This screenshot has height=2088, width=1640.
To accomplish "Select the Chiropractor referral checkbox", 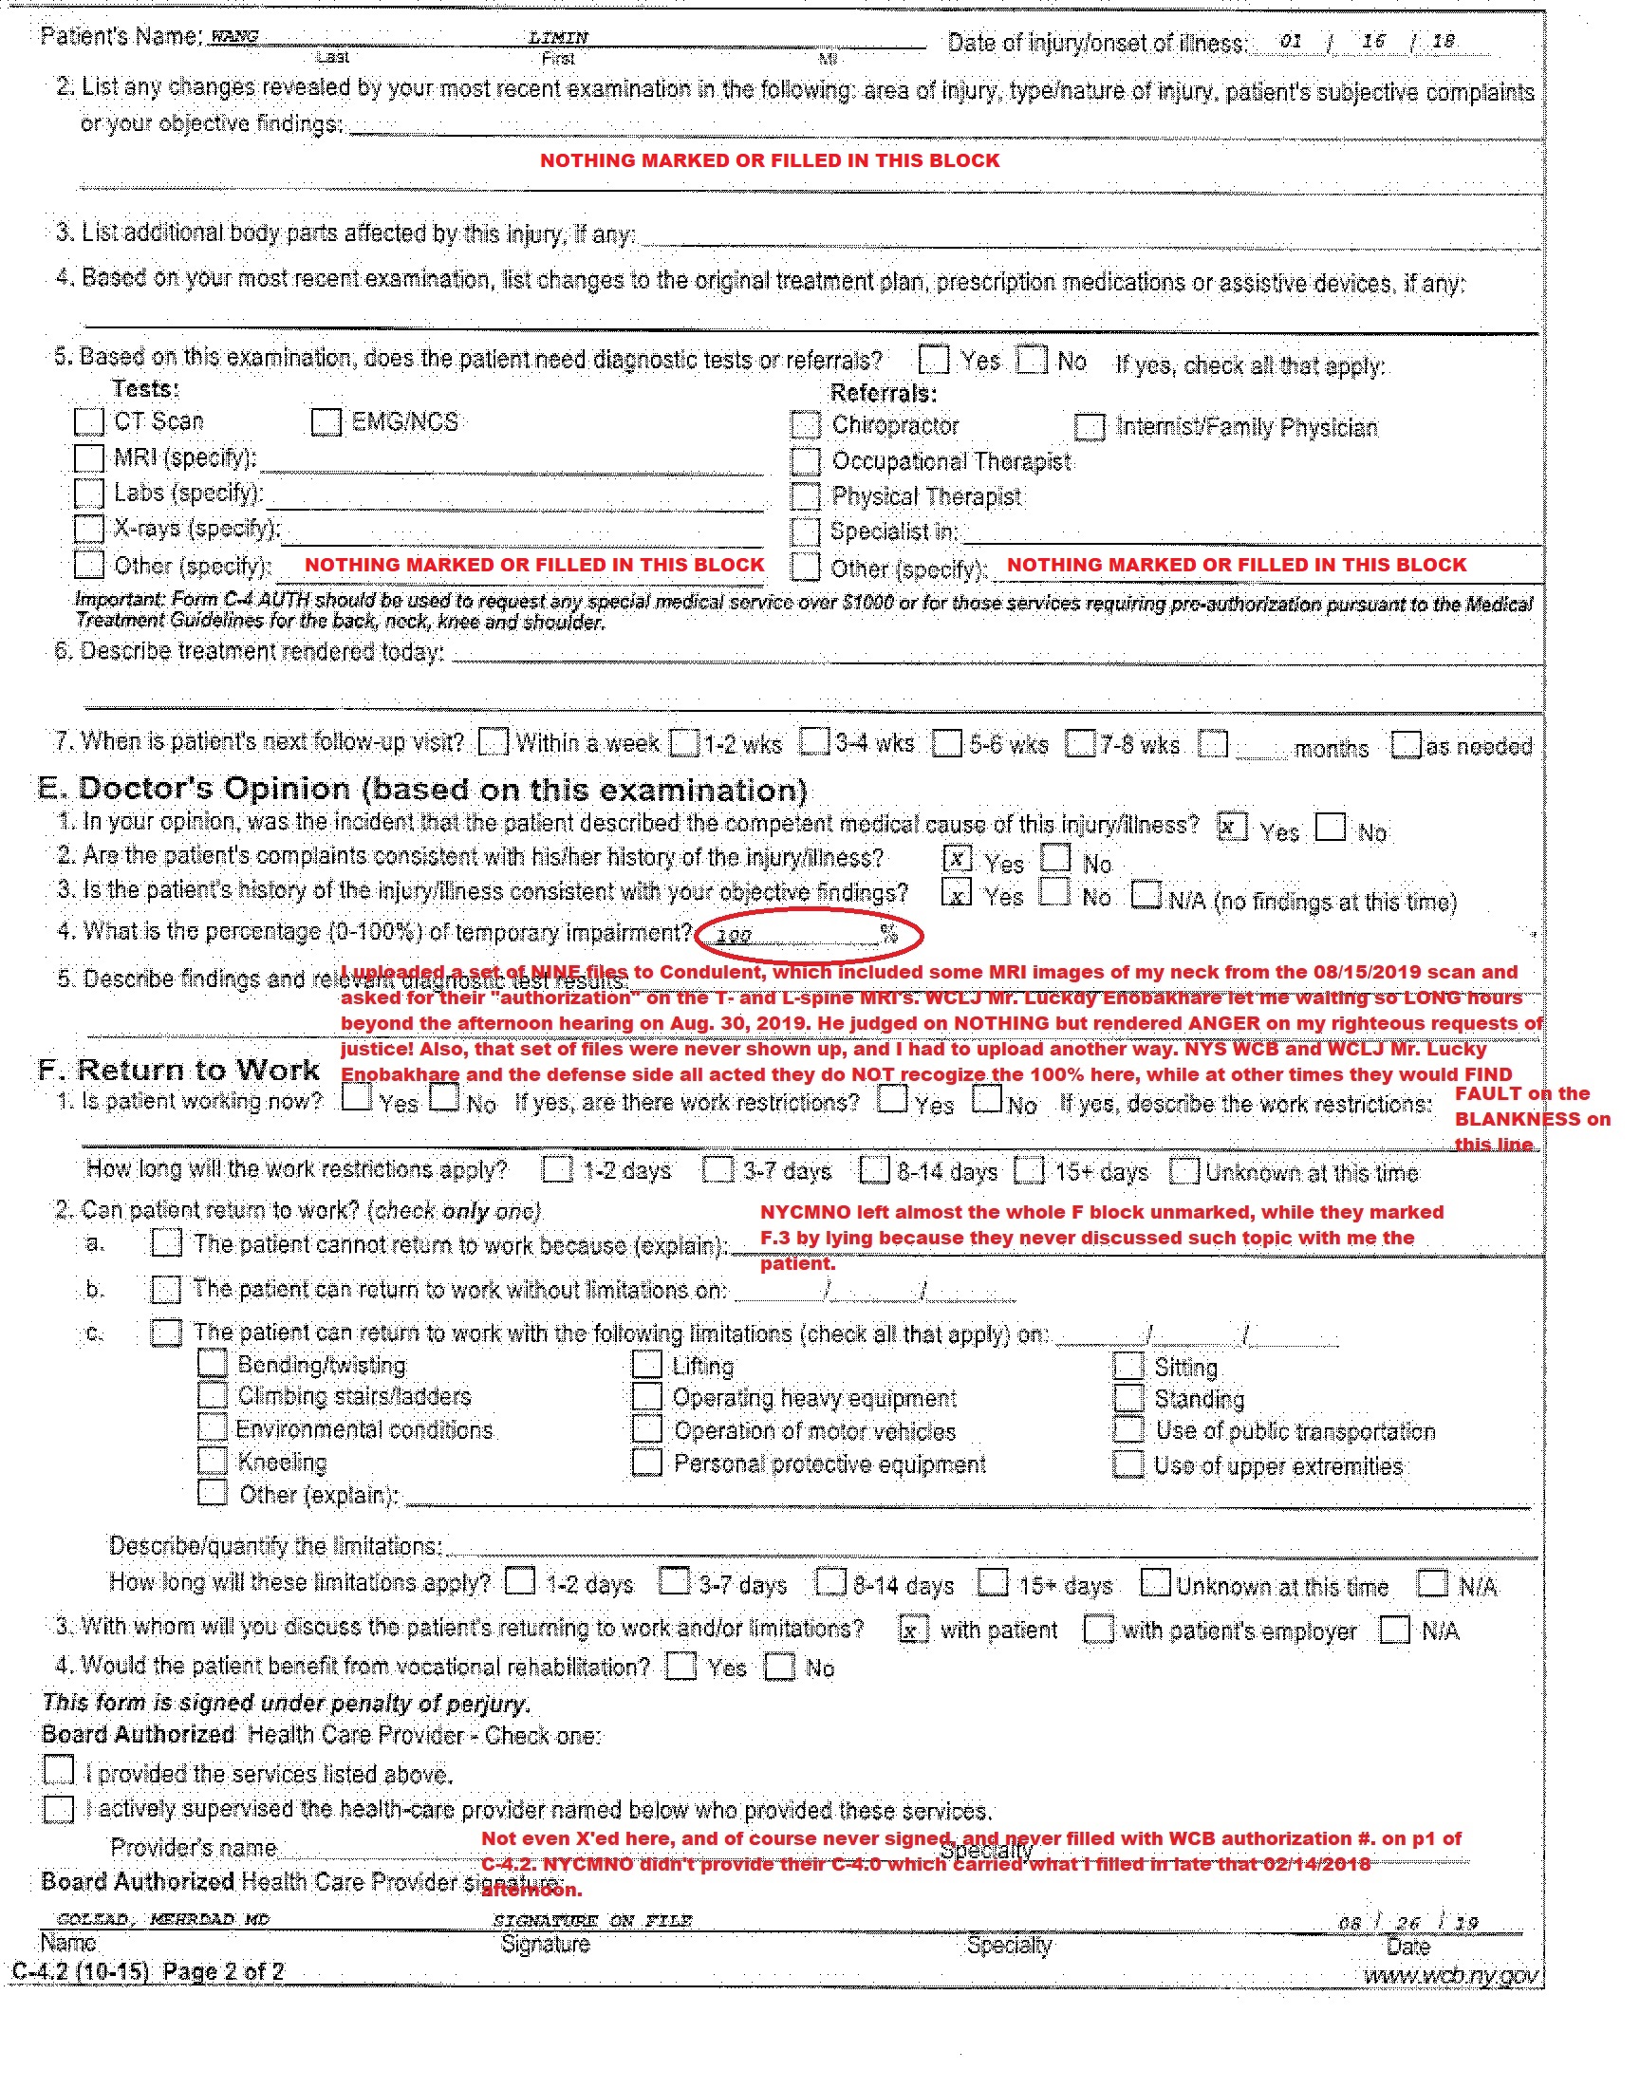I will coord(806,425).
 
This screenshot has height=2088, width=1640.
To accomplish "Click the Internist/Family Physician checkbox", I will coord(1089,427).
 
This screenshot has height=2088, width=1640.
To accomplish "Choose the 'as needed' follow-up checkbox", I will coord(1406,745).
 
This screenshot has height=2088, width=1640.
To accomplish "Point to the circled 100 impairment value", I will coord(735,935).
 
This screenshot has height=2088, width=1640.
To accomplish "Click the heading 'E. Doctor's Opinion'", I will coord(422,789).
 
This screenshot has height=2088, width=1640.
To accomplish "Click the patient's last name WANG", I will coord(234,36).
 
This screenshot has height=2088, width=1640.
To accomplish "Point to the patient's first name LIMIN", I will coord(558,37).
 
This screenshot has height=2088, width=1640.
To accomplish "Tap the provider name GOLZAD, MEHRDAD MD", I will coord(163,1919).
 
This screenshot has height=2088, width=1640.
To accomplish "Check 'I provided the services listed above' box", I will coord(59,1769).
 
